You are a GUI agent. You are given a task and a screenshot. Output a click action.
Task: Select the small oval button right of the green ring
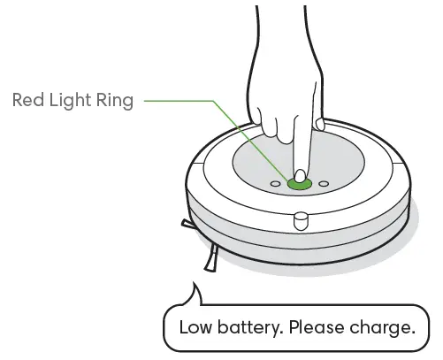point(325,184)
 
